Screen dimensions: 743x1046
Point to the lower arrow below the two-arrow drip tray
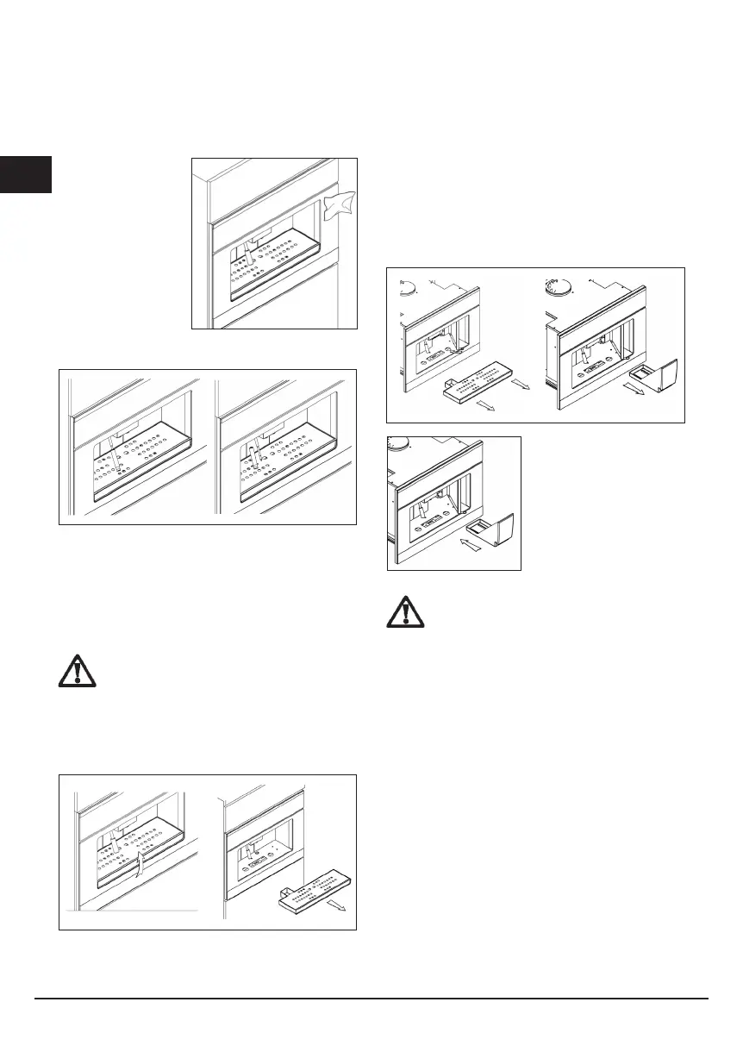coord(484,405)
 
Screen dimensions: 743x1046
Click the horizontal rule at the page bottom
coord(371,999)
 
